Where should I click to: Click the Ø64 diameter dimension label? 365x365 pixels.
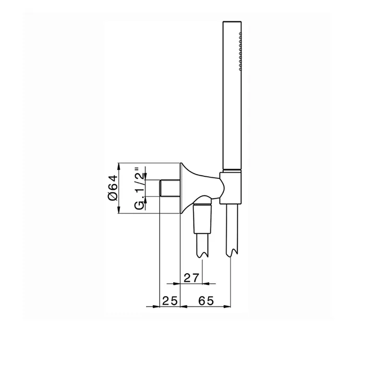[113, 188]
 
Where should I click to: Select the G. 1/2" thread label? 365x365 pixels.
[140, 188]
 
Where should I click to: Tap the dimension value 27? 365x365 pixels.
[191, 278]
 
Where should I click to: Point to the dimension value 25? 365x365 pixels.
[170, 301]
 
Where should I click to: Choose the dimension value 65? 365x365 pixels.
[206, 301]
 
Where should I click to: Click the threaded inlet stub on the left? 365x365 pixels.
[169, 188]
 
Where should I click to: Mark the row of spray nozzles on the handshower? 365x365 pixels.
[240, 51]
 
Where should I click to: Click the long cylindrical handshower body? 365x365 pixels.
[232, 95]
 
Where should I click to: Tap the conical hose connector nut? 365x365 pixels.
[202, 218]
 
